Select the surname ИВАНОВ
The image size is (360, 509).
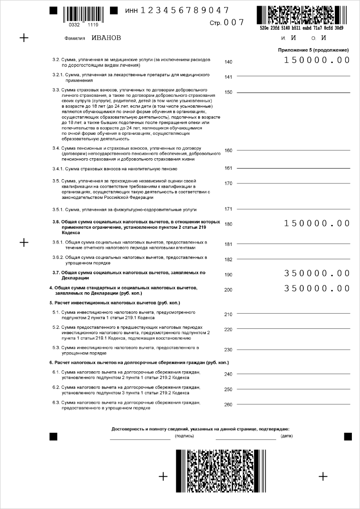(x=106, y=38)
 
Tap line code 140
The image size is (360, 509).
(x=228, y=62)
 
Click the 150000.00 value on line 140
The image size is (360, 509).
(x=317, y=60)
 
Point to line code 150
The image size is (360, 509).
(x=228, y=92)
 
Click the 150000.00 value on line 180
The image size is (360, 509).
(x=317, y=223)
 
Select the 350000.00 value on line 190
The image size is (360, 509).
(x=317, y=273)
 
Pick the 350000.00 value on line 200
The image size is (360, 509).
(x=317, y=288)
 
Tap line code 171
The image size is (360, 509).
(x=228, y=209)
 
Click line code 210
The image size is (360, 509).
(x=228, y=315)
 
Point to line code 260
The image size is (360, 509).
(x=228, y=405)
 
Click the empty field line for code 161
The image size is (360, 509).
(x=293, y=168)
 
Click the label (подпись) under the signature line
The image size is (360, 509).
(x=184, y=436)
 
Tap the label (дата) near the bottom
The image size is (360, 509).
(x=287, y=436)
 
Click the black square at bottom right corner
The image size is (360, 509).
(x=348, y=436)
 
